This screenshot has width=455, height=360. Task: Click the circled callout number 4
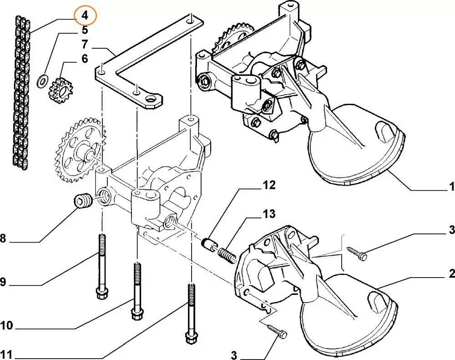tap(85, 15)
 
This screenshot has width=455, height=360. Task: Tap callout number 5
tap(85, 30)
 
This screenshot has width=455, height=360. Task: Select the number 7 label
tap(85, 44)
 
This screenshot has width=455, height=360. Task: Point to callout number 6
tap(85, 59)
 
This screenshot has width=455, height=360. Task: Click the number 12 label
tap(269, 185)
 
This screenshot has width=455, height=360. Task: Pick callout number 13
tap(269, 214)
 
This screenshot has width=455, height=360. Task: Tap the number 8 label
tap(3, 238)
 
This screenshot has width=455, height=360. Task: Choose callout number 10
tap(7, 325)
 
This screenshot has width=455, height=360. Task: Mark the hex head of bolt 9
tap(102, 293)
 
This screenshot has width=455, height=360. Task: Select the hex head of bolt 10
tap(137, 314)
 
